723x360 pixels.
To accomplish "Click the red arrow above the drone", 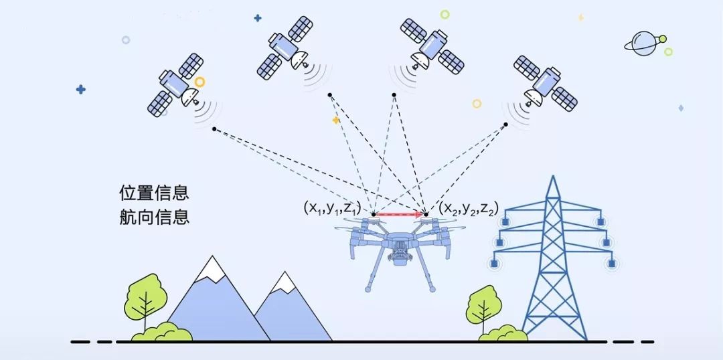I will pyautogui.click(x=399, y=215).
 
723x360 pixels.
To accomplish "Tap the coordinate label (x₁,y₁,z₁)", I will pyautogui.click(x=332, y=208).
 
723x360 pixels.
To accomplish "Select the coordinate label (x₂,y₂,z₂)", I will pyautogui.click(x=469, y=208).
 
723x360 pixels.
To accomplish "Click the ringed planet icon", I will pyautogui.click(x=646, y=42).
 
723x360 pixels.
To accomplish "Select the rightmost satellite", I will pyautogui.click(x=544, y=84).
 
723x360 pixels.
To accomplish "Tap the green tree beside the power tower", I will pyautogui.click(x=484, y=306).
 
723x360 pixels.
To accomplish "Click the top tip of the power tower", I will pyautogui.click(x=553, y=177).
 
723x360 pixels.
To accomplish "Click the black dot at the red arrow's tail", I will pyautogui.click(x=374, y=215).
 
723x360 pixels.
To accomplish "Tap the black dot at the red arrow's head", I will pyautogui.click(x=426, y=215).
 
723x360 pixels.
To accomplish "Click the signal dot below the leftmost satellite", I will pyautogui.click(x=214, y=128).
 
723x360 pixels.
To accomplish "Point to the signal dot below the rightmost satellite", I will pyautogui.click(x=505, y=124).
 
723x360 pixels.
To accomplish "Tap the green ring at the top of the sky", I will pyautogui.click(x=445, y=13).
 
